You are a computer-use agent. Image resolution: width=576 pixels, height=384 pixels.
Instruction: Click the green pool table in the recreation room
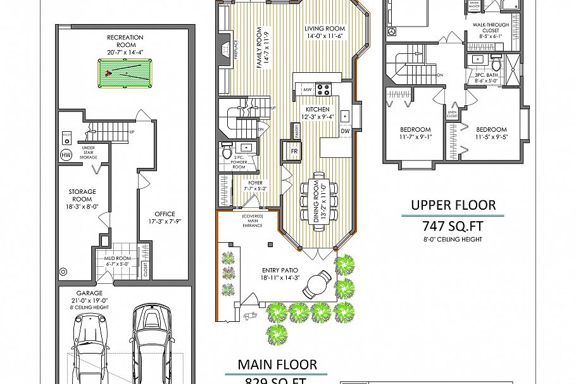[x=125, y=74]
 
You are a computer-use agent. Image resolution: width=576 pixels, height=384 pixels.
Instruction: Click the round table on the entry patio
[x=316, y=285]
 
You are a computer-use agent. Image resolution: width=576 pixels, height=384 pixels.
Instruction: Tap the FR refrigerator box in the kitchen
[x=294, y=152]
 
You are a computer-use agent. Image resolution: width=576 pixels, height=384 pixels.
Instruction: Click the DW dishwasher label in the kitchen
[x=345, y=131]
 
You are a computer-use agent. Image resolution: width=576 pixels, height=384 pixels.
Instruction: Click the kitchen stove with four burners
[x=324, y=89]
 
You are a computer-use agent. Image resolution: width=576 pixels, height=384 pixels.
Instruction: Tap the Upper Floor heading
[x=453, y=205]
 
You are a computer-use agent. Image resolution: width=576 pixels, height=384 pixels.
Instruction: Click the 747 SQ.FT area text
[x=453, y=226]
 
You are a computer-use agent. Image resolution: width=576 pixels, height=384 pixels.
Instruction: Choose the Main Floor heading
[x=277, y=364]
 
